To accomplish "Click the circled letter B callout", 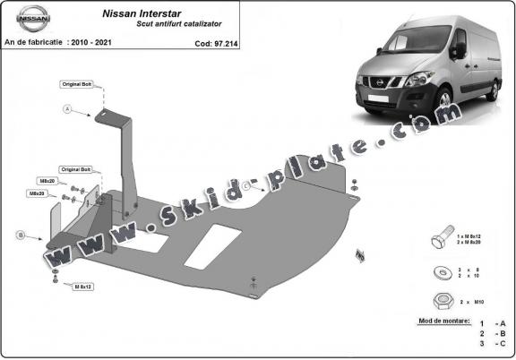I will (20, 236).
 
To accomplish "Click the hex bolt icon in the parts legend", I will (443, 243).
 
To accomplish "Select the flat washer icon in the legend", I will (441, 271).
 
